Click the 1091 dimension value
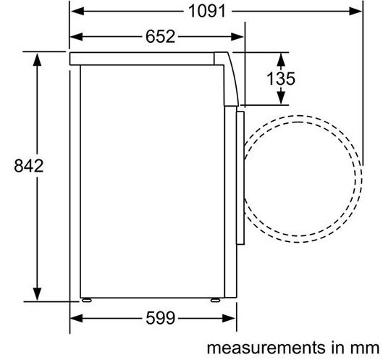tap(207, 12)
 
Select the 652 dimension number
tap(160, 37)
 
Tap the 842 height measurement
tap(28, 166)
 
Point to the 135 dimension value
tap(281, 79)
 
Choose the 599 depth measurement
tap(160, 318)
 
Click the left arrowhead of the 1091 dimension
tap(77, 12)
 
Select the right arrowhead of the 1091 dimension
tap(355, 12)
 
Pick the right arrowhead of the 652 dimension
tap(237, 37)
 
